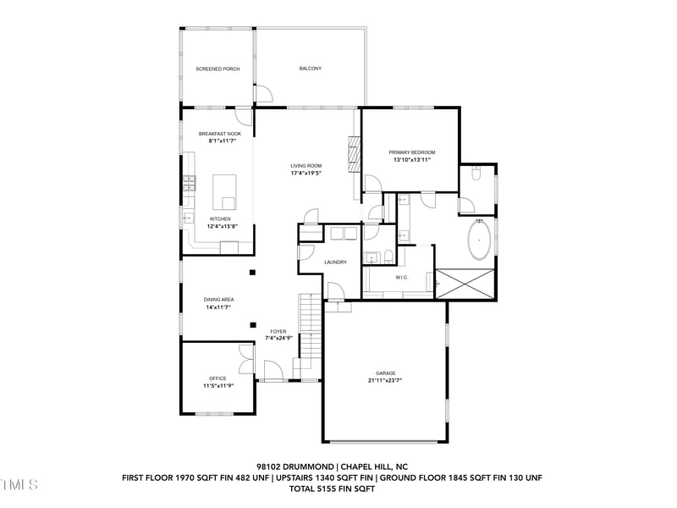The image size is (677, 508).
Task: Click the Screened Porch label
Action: coord(218,69)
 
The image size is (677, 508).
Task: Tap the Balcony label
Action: coord(311,69)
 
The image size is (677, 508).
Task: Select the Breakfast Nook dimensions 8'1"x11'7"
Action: coord(219,141)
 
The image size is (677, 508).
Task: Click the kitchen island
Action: coord(225,191)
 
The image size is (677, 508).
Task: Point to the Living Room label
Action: coord(306,166)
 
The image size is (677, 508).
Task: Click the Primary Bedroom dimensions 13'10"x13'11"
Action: coord(412,159)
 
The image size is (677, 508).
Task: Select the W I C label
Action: coord(402,277)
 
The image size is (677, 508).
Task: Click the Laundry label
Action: coord(335,262)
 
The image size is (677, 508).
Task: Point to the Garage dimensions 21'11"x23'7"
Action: coord(386,380)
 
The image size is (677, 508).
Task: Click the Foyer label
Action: coord(278,331)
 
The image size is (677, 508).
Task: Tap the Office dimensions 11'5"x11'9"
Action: coord(217,385)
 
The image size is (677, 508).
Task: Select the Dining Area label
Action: coord(218,300)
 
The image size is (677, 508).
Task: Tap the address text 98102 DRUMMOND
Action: coord(295,466)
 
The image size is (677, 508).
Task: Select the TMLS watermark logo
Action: coord(19,485)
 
